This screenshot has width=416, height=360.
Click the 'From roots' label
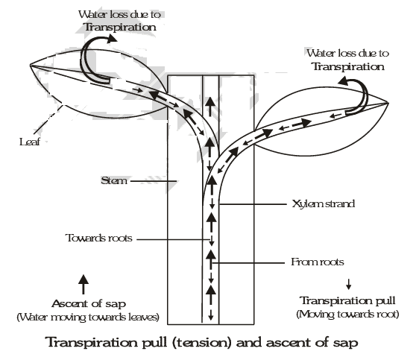[x=312, y=262]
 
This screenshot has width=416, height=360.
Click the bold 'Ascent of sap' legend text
[x=82, y=305]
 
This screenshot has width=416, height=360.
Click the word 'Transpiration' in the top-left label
[x=121, y=28]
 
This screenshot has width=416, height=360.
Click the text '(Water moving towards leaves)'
[x=82, y=318]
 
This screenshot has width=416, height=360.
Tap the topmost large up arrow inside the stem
[x=210, y=104]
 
